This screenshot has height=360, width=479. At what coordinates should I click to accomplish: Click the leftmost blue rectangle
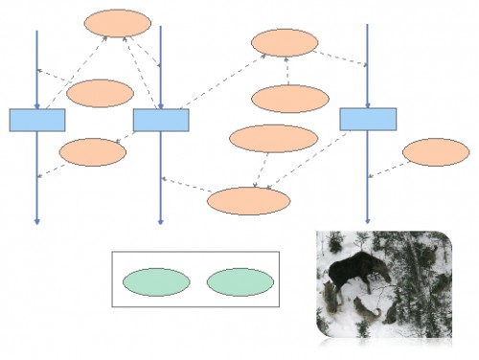[x=37, y=120]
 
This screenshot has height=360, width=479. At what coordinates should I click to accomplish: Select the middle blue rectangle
[x=160, y=120]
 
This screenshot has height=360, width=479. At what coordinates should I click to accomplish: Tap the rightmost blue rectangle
[x=368, y=119]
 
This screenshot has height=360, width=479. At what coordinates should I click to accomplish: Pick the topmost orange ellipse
[x=118, y=23]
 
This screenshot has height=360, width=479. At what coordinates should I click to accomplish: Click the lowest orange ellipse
[x=248, y=200]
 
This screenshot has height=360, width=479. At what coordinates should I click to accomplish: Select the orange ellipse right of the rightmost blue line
[x=435, y=152]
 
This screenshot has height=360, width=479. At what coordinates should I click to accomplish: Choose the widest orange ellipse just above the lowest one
[x=273, y=139]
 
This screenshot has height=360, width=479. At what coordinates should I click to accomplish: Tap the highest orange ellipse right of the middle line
[x=285, y=42]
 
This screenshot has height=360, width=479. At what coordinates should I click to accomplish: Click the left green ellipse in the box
[x=156, y=281]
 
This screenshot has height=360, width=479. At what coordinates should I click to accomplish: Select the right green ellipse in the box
[x=239, y=281]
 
